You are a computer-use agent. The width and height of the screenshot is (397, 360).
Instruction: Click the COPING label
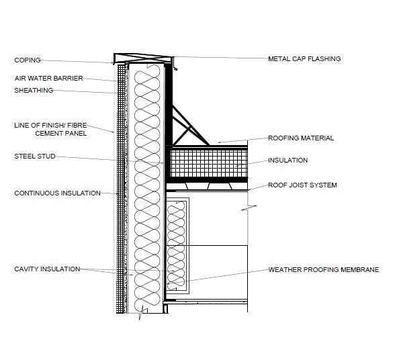[x=28, y=60]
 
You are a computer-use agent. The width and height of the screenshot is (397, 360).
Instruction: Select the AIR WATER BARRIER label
[x=48, y=78]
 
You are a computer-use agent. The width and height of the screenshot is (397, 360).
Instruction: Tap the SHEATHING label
[x=34, y=91]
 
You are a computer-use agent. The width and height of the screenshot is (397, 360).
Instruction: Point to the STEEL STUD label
[x=35, y=156]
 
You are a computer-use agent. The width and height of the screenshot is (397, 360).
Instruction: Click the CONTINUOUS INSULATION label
[x=58, y=193]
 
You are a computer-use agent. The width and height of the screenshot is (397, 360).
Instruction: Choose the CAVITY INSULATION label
[x=47, y=269]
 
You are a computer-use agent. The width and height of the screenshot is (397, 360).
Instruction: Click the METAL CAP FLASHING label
[x=304, y=59]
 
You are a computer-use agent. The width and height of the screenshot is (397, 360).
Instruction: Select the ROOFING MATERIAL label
[x=301, y=138]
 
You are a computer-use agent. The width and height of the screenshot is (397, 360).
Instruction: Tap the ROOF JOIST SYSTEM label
[x=302, y=185]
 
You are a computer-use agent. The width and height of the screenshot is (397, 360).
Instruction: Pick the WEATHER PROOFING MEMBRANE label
[x=324, y=269]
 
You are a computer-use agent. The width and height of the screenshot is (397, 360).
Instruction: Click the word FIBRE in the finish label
[x=77, y=126]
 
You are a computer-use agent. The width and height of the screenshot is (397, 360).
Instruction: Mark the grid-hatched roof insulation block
[x=209, y=163]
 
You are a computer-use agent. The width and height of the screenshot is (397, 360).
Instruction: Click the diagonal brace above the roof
[x=191, y=126]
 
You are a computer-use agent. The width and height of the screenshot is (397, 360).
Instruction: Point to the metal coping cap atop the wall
[x=144, y=58]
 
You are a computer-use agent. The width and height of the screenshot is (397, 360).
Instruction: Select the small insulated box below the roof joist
[x=177, y=246]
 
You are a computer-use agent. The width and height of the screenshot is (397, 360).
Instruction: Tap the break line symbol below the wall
[x=142, y=313]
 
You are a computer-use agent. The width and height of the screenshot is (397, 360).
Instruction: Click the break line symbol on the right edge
[x=249, y=208]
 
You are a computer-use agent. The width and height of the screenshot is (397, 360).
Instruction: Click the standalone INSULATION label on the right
[x=288, y=161]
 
